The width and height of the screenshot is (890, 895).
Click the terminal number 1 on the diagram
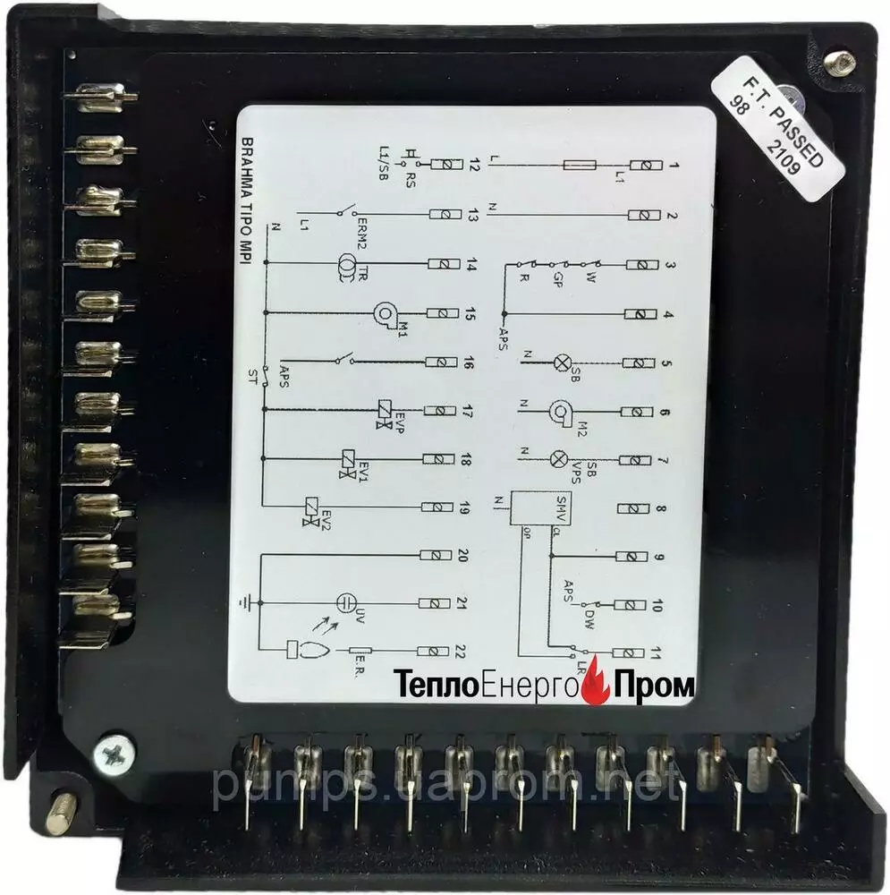[x=674, y=166]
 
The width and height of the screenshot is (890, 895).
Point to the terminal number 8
[x=660, y=509]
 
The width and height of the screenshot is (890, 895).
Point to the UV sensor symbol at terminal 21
[x=346, y=602]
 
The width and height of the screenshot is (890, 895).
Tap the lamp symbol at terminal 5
[x=563, y=362]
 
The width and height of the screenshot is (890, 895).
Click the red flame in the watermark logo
[x=595, y=687]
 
